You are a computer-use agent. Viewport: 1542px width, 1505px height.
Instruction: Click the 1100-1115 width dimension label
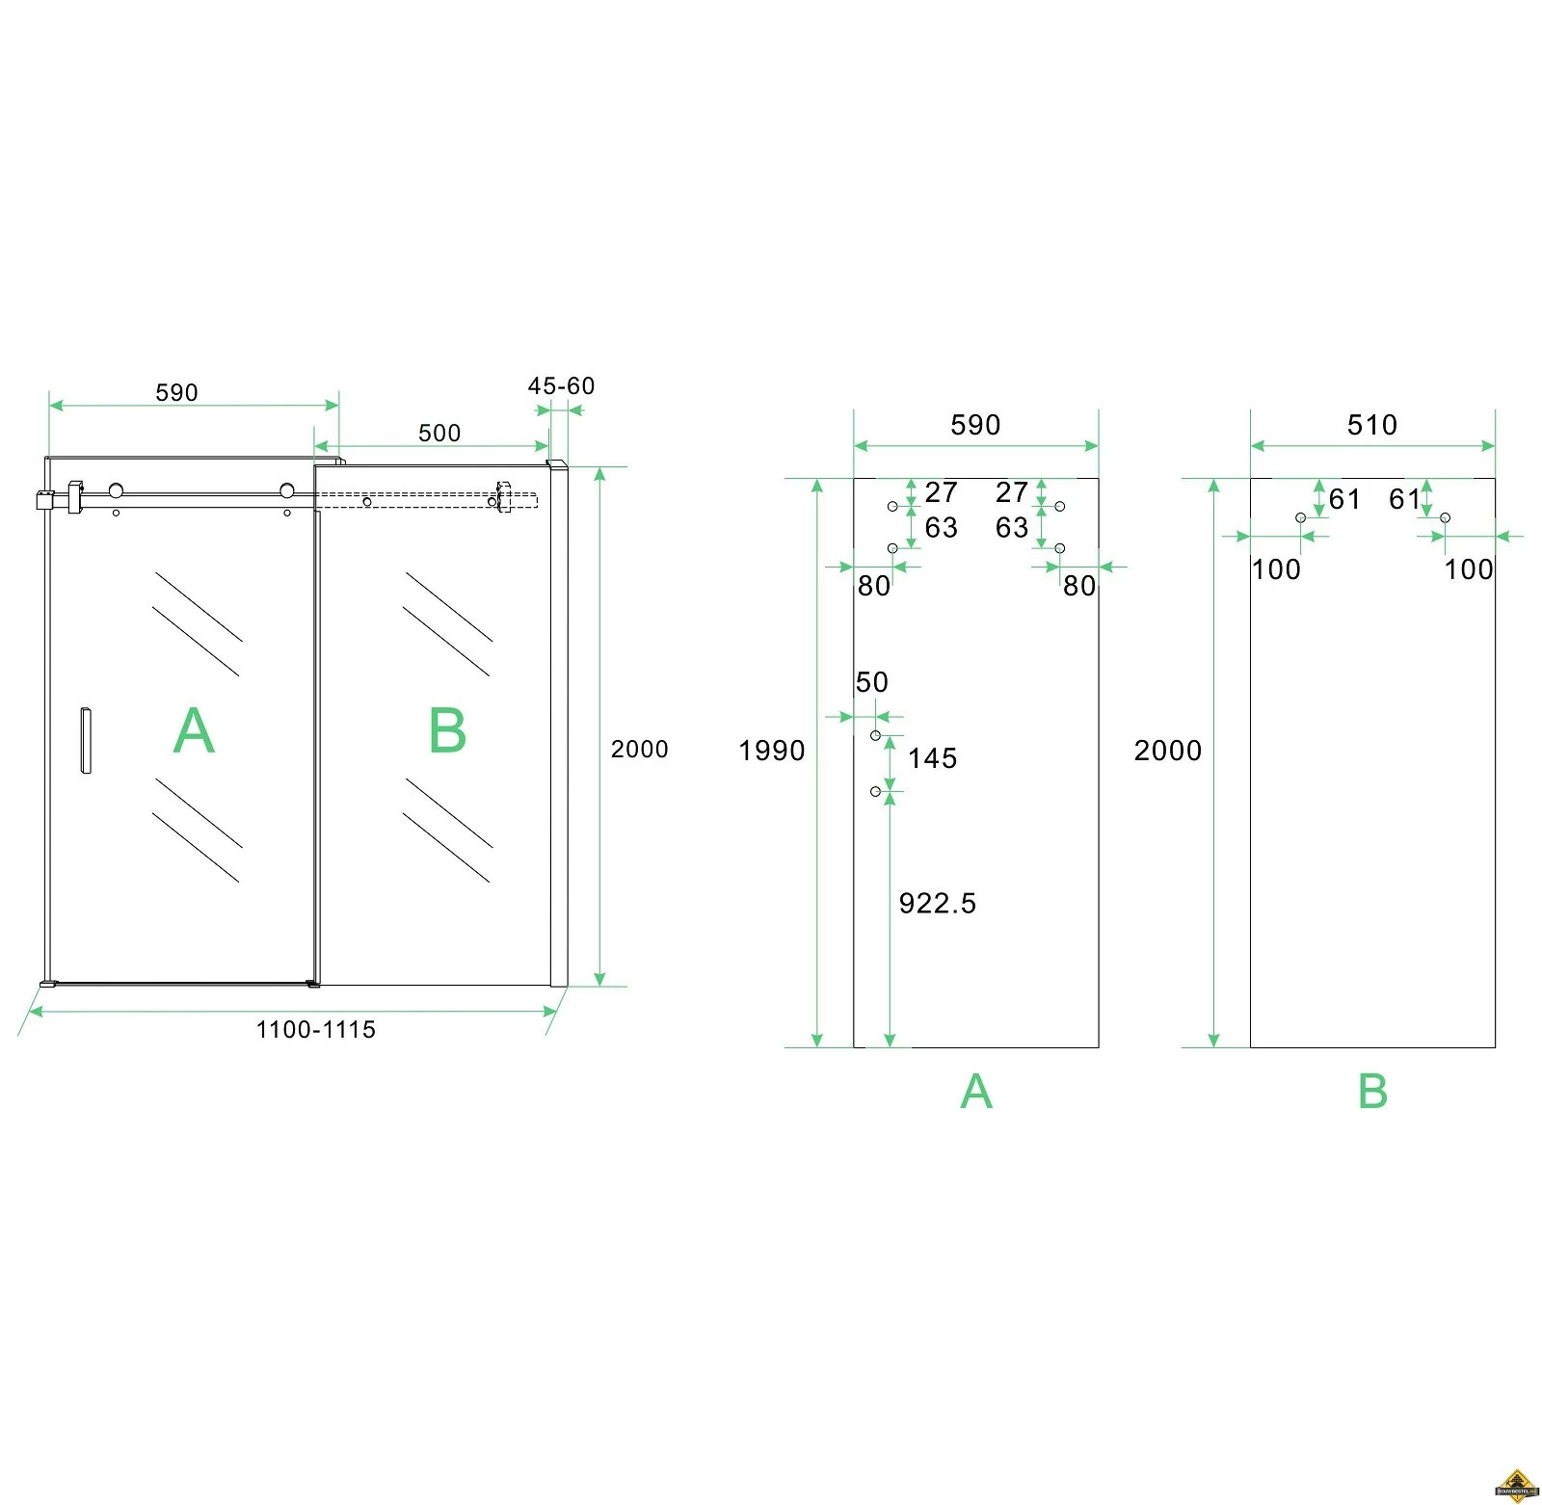point(315,1029)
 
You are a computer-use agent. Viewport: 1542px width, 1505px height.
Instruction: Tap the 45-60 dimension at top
point(561,386)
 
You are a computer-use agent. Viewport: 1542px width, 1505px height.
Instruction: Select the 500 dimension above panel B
point(439,433)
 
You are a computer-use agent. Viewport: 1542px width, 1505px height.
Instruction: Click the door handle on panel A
point(86,740)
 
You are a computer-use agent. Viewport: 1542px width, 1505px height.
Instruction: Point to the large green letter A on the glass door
point(194,731)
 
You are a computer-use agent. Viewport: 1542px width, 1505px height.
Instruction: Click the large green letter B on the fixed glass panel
point(447,731)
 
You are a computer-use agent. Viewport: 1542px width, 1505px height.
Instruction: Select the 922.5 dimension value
point(937,903)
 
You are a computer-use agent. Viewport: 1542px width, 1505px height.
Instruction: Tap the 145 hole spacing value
point(932,758)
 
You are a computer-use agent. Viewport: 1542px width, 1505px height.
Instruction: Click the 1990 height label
point(771,751)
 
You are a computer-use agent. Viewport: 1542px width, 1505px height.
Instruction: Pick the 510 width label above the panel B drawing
point(1371,425)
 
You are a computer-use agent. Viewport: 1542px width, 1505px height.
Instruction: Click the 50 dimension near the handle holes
point(871,682)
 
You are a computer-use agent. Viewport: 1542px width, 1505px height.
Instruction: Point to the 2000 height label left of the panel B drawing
point(1167,751)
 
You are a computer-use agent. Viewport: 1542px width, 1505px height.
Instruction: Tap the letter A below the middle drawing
point(976,1092)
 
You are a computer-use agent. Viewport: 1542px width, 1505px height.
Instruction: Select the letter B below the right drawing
point(1372,1092)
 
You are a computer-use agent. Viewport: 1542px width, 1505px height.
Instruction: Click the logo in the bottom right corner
point(1516,1485)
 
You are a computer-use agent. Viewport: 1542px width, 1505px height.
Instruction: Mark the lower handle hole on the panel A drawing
point(875,791)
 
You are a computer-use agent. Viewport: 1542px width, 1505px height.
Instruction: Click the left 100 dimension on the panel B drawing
point(1276,569)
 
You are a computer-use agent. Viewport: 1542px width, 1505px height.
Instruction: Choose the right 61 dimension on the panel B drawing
point(1403,499)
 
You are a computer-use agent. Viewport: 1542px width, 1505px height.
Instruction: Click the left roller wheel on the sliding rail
point(116,490)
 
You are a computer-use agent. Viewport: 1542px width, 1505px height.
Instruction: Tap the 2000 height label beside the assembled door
point(639,749)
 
